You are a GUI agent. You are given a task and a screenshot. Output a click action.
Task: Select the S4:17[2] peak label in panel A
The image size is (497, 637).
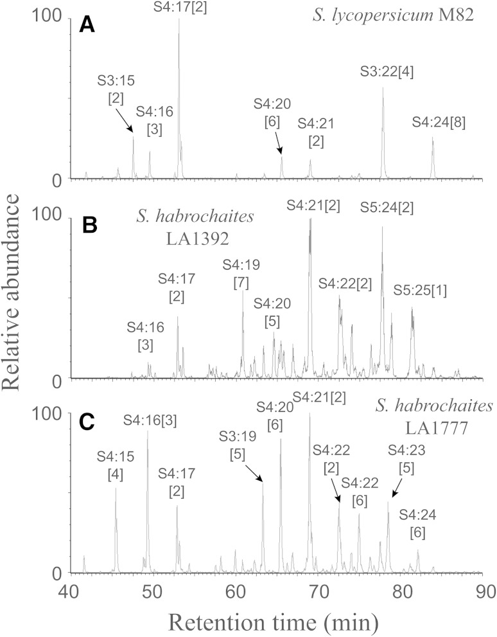(x=179, y=7)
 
